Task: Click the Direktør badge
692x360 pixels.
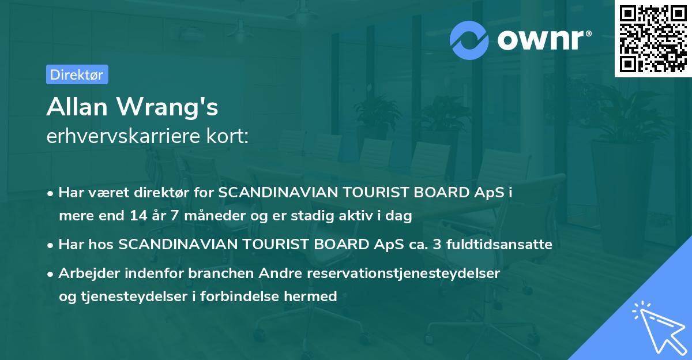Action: point(77,74)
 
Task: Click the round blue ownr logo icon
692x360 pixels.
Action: point(470,40)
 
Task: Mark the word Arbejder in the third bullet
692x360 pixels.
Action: point(85,273)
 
